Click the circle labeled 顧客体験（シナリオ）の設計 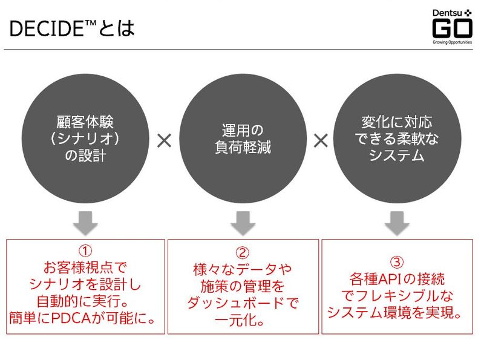85,139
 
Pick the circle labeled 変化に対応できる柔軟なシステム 396,139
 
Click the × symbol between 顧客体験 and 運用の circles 164,141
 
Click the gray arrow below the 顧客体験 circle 85,223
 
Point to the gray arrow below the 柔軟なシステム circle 396,223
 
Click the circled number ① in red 85,250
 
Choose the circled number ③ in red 396,263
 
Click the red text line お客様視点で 85,267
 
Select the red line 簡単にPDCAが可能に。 85,316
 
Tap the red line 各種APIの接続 396,280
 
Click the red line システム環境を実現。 396,312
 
